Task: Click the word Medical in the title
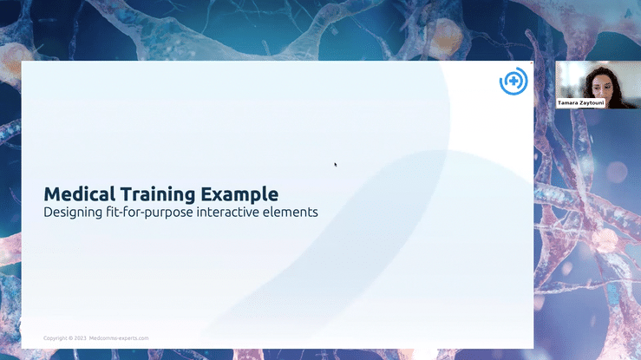point(79,194)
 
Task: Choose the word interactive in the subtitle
point(228,212)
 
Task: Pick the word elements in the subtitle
point(291,212)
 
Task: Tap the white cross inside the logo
point(513,81)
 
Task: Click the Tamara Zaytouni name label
point(580,103)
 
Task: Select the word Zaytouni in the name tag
point(592,103)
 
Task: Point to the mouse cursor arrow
point(335,164)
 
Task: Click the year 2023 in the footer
point(81,338)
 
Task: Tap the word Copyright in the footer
point(56,338)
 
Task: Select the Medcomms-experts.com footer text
point(119,338)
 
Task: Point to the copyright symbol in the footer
point(71,338)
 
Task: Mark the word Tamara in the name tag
point(567,103)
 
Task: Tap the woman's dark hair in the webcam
point(590,84)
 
